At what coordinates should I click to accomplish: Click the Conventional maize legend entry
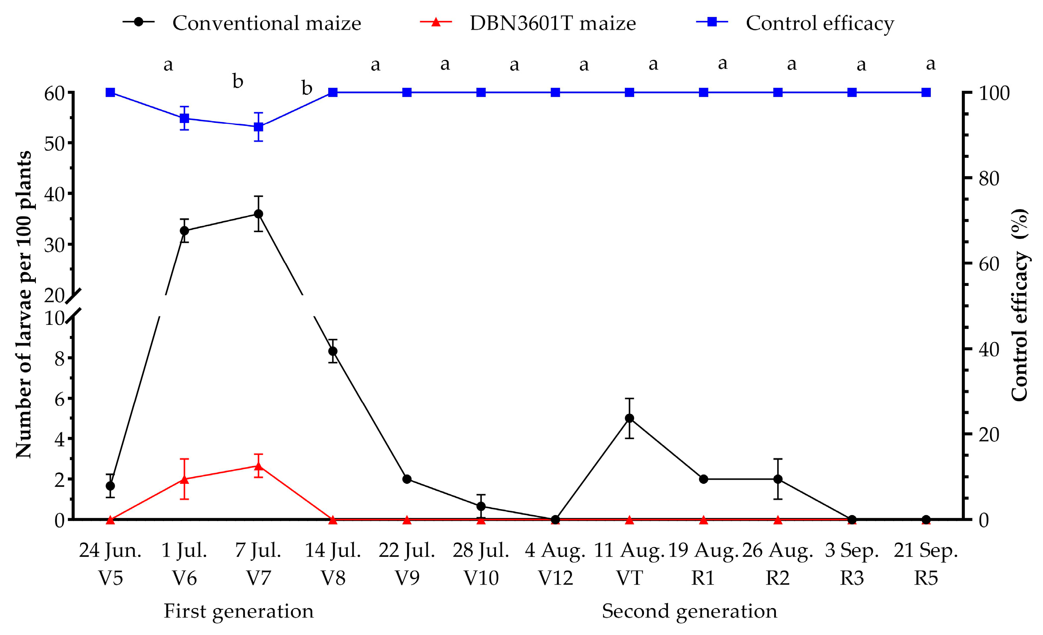242,23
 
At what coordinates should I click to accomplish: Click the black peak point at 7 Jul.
258,214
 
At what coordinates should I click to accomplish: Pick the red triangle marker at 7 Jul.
258,466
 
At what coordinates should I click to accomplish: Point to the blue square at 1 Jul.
184,118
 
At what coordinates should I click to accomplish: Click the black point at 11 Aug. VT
629,418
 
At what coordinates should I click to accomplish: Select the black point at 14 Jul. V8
333,351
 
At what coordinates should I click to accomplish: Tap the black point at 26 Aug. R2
778,479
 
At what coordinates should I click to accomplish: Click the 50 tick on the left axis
54,144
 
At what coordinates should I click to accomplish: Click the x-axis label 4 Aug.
555,551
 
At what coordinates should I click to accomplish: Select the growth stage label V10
481,578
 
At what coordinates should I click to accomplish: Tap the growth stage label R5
926,578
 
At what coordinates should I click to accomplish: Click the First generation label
239,611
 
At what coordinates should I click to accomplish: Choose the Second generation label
689,611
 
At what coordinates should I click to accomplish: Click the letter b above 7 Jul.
238,81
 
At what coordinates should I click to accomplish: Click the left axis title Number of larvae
23,305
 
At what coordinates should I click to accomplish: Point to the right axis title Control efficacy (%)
1020,305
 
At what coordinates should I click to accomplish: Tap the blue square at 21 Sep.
926,93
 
